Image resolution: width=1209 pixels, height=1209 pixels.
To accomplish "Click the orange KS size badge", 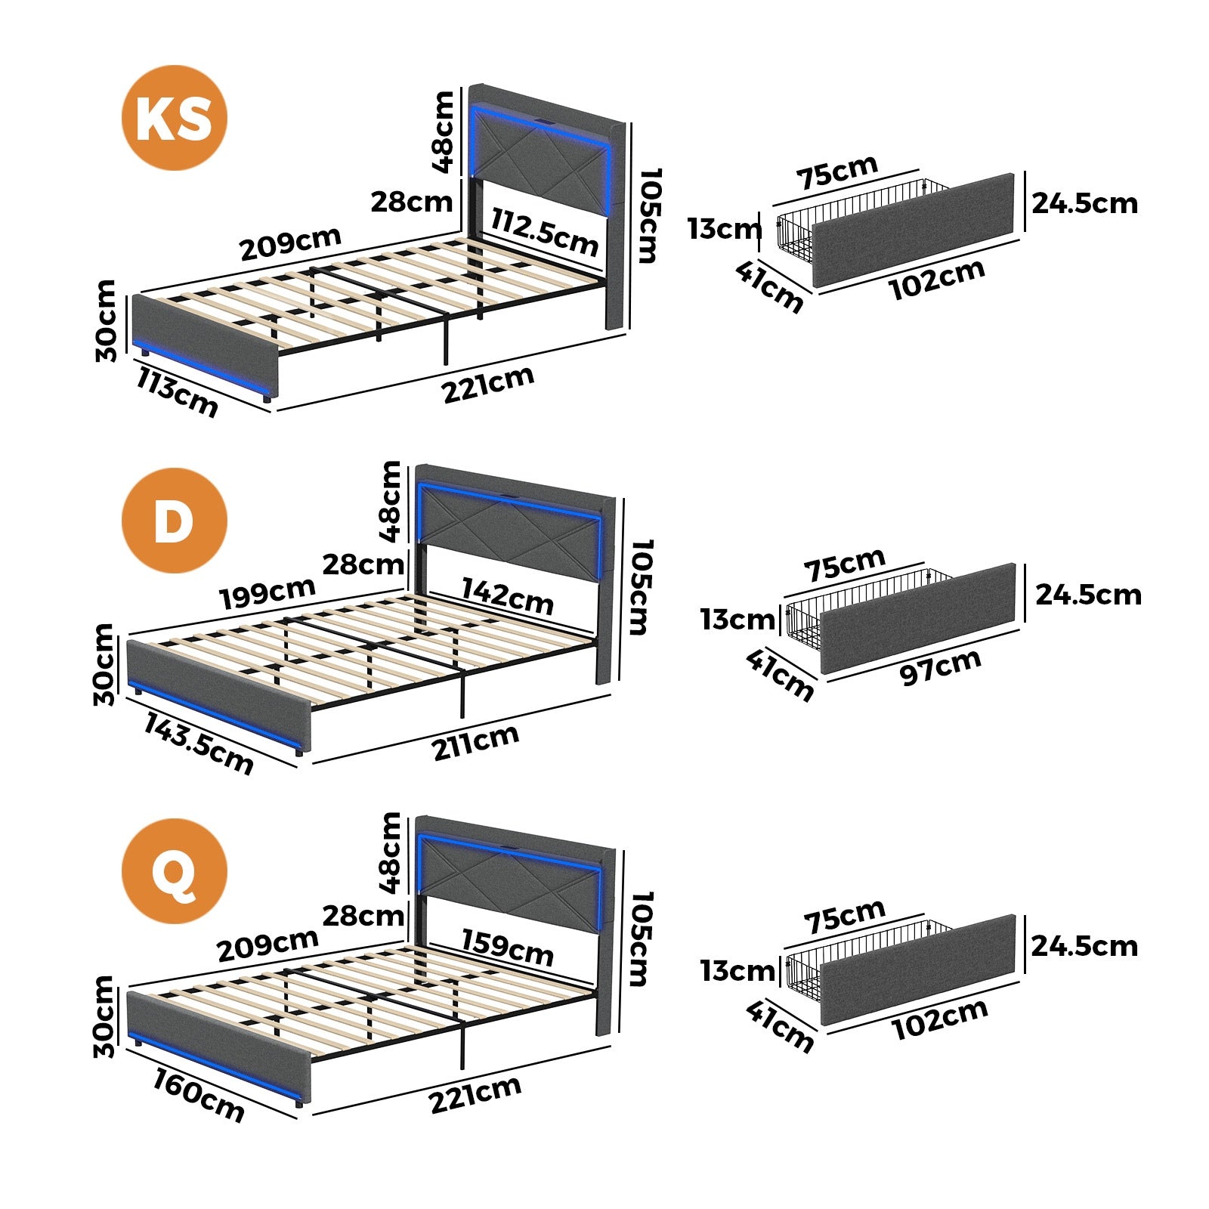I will tap(174, 118).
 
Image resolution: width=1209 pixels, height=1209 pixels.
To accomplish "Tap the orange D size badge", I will tap(174, 520).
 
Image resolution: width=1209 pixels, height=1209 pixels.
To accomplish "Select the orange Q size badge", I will tap(174, 871).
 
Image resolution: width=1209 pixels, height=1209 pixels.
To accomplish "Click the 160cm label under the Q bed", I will tap(199, 1096).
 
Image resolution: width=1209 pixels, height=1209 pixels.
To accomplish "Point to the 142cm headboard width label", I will tap(507, 595).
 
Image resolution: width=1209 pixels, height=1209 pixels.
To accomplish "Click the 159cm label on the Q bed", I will tap(507, 947).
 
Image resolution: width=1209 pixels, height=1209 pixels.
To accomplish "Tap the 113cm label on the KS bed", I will tap(177, 391).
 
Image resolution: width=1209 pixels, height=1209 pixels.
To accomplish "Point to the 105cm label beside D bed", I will tap(639, 586).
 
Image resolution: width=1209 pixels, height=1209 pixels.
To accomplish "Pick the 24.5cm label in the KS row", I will tap(1084, 203).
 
